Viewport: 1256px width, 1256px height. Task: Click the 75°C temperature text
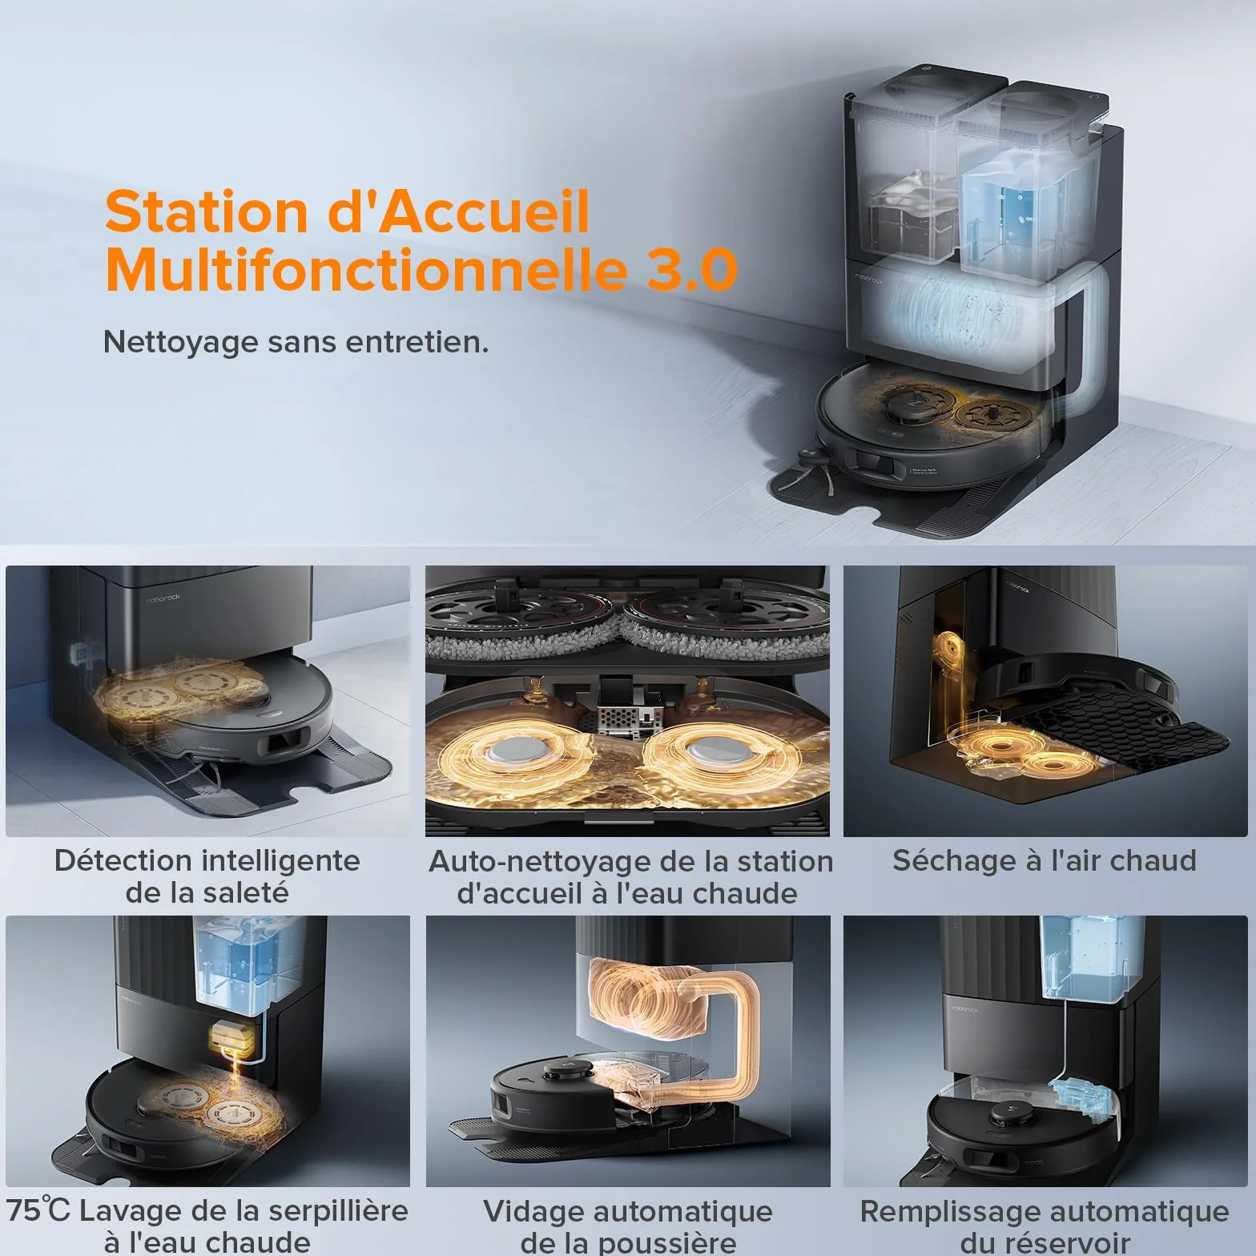pyautogui.click(x=38, y=1210)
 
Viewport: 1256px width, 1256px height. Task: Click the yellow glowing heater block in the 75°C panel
pyautogui.click(x=233, y=1039)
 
